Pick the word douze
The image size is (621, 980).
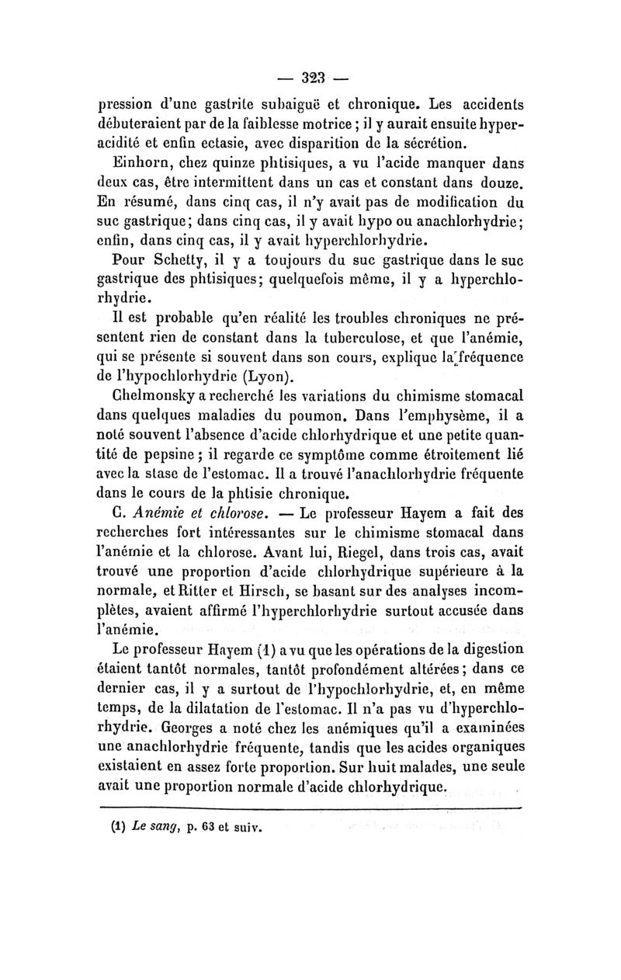click(x=498, y=182)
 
